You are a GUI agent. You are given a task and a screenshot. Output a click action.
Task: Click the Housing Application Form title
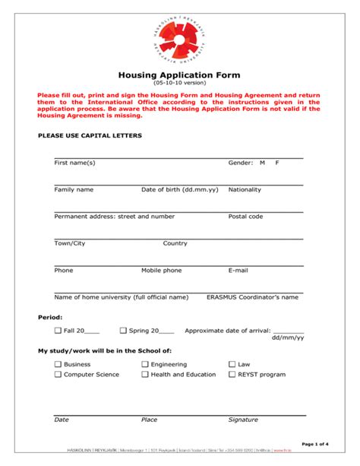pyautogui.click(x=179, y=74)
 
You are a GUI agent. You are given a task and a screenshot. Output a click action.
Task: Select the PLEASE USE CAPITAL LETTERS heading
pyautogui.click(x=90, y=135)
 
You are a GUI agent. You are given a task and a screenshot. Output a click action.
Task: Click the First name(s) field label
pyautogui.click(x=74, y=163)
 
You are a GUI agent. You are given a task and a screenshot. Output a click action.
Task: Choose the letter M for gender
pyautogui.click(x=262, y=163)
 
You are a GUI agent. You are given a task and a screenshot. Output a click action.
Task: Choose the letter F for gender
pyautogui.click(x=277, y=163)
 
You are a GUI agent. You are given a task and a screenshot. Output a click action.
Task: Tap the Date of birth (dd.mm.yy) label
pyautogui.click(x=179, y=189)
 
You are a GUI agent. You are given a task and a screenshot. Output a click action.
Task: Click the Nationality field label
pyautogui.click(x=245, y=189)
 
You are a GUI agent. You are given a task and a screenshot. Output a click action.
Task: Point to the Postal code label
pyautogui.click(x=245, y=216)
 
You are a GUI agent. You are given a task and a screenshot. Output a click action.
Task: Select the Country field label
pyautogui.click(x=175, y=243)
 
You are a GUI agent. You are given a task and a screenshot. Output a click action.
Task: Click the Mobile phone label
pyautogui.click(x=161, y=270)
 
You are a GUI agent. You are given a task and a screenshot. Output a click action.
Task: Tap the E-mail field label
pyautogui.click(x=238, y=270)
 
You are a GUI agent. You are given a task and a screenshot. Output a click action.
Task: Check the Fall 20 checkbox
pyautogui.click(x=58, y=331)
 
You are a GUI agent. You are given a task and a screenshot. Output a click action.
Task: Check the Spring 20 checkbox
pyautogui.click(x=123, y=331)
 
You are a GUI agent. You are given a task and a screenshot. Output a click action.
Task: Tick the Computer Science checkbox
pyautogui.click(x=58, y=374)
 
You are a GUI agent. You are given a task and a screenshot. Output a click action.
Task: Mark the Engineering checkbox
pyautogui.click(x=145, y=364)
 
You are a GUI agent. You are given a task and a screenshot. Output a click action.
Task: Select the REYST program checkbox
pyautogui.click(x=232, y=374)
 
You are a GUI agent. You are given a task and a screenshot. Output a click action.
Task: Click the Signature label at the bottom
pyautogui.click(x=243, y=419)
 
